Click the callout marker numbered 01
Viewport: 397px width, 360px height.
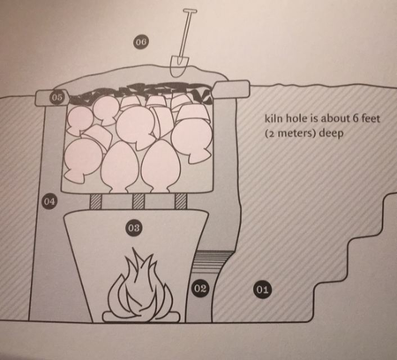click(262, 289)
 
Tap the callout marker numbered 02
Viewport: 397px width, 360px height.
click(200, 289)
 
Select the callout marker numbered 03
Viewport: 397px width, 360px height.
click(134, 228)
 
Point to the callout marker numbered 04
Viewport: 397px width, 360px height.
click(49, 201)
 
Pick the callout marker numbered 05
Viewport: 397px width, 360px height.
click(57, 97)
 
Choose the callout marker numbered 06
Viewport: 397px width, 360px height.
click(140, 42)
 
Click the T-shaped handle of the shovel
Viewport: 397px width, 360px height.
click(190, 11)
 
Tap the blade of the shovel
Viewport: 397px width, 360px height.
click(178, 66)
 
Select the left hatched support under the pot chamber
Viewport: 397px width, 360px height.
click(95, 201)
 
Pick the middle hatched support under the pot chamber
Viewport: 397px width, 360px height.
click(139, 201)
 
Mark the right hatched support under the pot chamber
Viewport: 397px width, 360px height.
click(181, 201)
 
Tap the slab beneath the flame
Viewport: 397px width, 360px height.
click(141, 317)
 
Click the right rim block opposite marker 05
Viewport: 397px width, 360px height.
click(232, 89)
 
